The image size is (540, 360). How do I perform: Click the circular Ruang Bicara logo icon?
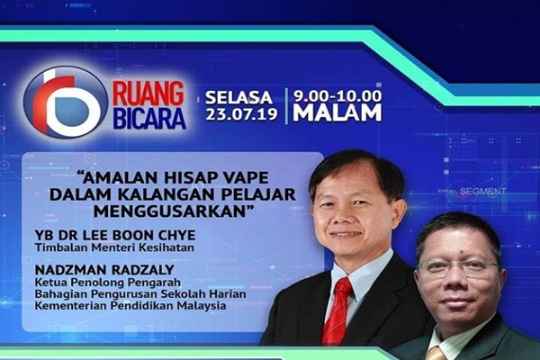click(66, 103)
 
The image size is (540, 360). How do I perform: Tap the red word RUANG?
click(148, 94)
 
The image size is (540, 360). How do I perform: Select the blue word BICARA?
click(149, 118)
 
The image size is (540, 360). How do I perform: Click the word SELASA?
click(238, 98)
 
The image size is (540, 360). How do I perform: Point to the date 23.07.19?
click(241, 114)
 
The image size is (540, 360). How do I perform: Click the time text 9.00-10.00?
click(337, 95)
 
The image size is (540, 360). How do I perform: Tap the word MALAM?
click(337, 113)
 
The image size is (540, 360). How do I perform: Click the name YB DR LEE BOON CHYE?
click(115, 235)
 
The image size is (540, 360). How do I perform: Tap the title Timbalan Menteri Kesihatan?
click(114, 247)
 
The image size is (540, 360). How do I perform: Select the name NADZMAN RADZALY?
click(104, 269)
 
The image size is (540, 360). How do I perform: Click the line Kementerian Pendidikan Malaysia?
click(130, 306)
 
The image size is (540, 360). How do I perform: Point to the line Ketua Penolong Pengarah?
click(108, 283)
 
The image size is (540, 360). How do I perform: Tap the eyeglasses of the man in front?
click(457, 267)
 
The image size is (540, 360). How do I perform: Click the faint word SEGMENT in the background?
click(482, 191)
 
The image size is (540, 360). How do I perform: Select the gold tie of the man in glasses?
click(437, 353)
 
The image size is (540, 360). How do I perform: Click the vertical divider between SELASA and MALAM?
click(285, 106)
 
